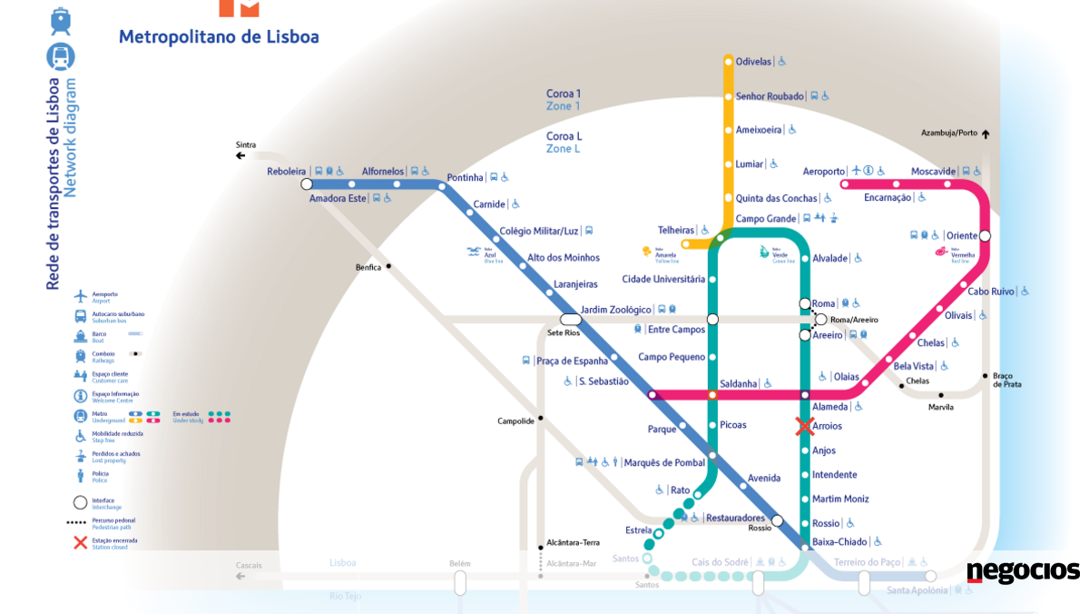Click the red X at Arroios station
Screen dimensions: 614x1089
click(x=804, y=426)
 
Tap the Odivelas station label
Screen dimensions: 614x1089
click(x=753, y=62)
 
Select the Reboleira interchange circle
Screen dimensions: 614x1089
click(x=307, y=184)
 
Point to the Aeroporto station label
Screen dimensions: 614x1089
click(x=823, y=172)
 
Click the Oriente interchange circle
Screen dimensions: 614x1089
click(x=985, y=236)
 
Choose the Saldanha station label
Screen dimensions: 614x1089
click(x=738, y=383)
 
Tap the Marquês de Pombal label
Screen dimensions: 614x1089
click(x=664, y=463)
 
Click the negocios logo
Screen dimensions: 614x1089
click(x=1023, y=571)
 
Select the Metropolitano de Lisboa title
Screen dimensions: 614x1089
click(x=219, y=37)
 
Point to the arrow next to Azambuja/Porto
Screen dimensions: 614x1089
click(x=986, y=134)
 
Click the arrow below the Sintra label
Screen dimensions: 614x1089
click(x=240, y=156)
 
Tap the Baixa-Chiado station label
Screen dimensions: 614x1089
click(x=839, y=542)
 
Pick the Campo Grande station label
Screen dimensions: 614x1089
click(x=765, y=219)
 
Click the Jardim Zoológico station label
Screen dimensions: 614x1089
click(x=616, y=310)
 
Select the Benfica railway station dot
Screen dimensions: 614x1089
click(x=388, y=266)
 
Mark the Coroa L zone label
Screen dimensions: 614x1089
click(x=564, y=136)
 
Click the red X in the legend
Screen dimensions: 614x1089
click(x=80, y=543)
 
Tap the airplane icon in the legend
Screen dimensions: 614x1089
click(x=80, y=296)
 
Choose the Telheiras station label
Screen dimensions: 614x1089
click(x=676, y=231)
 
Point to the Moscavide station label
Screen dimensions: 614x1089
click(x=934, y=172)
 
